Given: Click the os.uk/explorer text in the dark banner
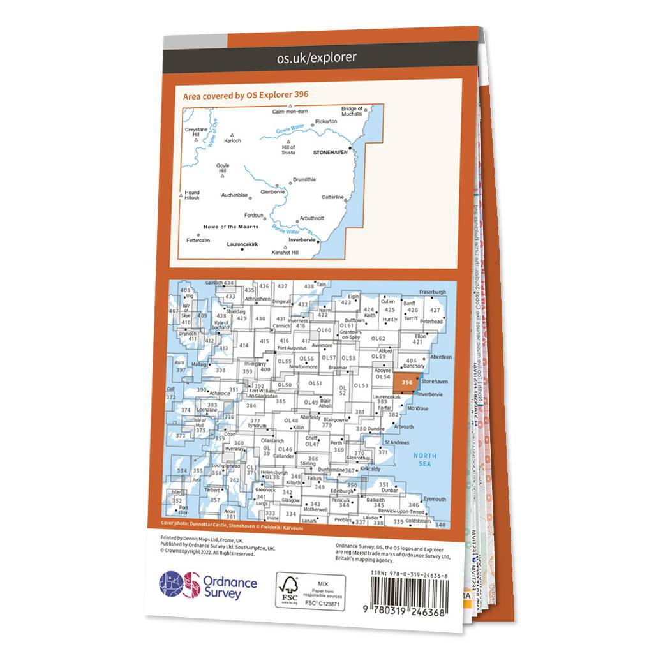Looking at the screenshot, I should pyautogui.click(x=317, y=57).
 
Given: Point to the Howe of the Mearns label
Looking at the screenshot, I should pyautogui.click(x=230, y=227).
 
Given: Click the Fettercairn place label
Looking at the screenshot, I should pyautogui.click(x=198, y=241).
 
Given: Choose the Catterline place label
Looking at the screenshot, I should pyautogui.click(x=332, y=197).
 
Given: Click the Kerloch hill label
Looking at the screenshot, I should pyautogui.click(x=233, y=141).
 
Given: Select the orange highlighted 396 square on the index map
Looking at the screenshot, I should pyautogui.click(x=406, y=382).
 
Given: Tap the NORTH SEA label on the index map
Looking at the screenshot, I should pyautogui.click(x=424, y=459).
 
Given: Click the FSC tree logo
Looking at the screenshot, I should pyautogui.click(x=288, y=583).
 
